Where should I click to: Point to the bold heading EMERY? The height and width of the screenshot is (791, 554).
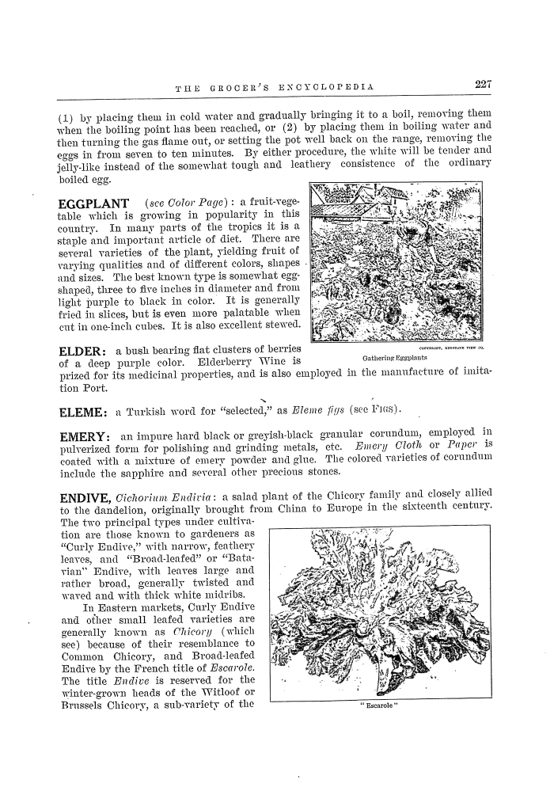click(85, 438)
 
